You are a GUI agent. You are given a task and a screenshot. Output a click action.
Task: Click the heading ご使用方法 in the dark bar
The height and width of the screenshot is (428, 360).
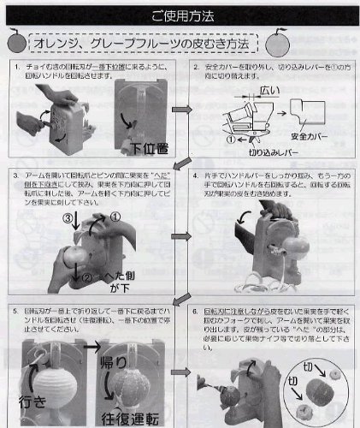pyautogui.click(x=181, y=15)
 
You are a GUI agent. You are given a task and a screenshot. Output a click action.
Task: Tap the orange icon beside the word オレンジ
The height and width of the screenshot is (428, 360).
pyautogui.click(x=16, y=42)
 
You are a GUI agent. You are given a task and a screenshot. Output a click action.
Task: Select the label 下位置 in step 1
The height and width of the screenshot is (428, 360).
pyautogui.click(x=143, y=143)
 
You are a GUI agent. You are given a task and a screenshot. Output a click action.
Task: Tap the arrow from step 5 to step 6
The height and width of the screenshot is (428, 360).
pyautogui.click(x=180, y=377)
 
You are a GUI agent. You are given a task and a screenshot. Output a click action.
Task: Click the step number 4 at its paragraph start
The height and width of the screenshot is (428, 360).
pyautogui.click(x=198, y=175)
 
